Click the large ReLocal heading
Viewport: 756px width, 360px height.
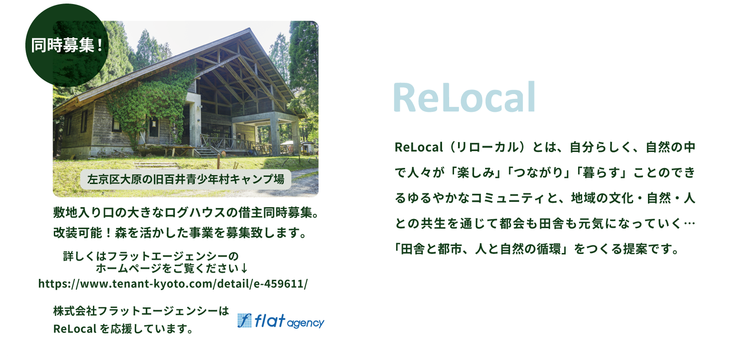[464, 97]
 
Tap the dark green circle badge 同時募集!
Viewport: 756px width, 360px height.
[67, 45]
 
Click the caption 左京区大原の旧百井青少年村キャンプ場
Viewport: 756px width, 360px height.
[185, 179]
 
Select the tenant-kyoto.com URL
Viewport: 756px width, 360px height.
[173, 283]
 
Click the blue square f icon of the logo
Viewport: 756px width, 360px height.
[244, 320]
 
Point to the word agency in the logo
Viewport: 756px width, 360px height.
[306, 324]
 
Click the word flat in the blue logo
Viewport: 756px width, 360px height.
[269, 320]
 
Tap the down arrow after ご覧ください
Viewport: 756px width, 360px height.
[244, 268]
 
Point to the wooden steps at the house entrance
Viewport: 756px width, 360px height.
[206, 153]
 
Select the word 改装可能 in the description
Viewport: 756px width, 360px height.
[78, 233]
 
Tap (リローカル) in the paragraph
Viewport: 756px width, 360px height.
[487, 147]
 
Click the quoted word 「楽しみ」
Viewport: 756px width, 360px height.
[477, 173]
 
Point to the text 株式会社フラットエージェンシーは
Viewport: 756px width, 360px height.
[141, 311]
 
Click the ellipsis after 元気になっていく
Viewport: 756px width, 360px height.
[689, 223]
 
